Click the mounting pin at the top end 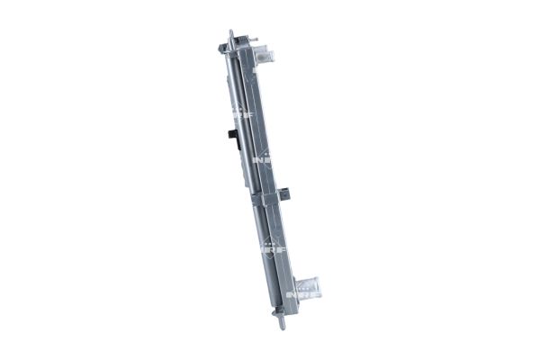[x=233, y=38]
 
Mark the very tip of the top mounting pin [x=232, y=32]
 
